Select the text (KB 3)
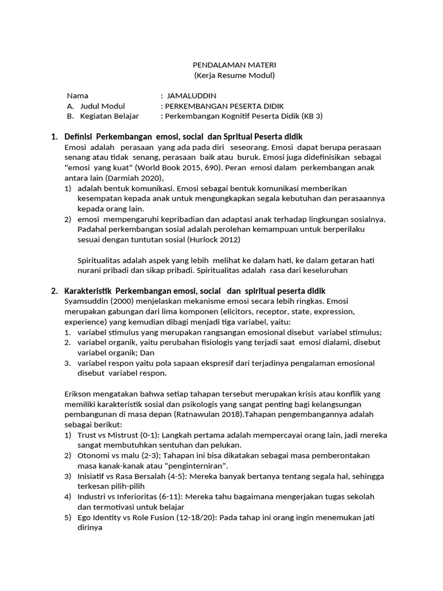(312, 116)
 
